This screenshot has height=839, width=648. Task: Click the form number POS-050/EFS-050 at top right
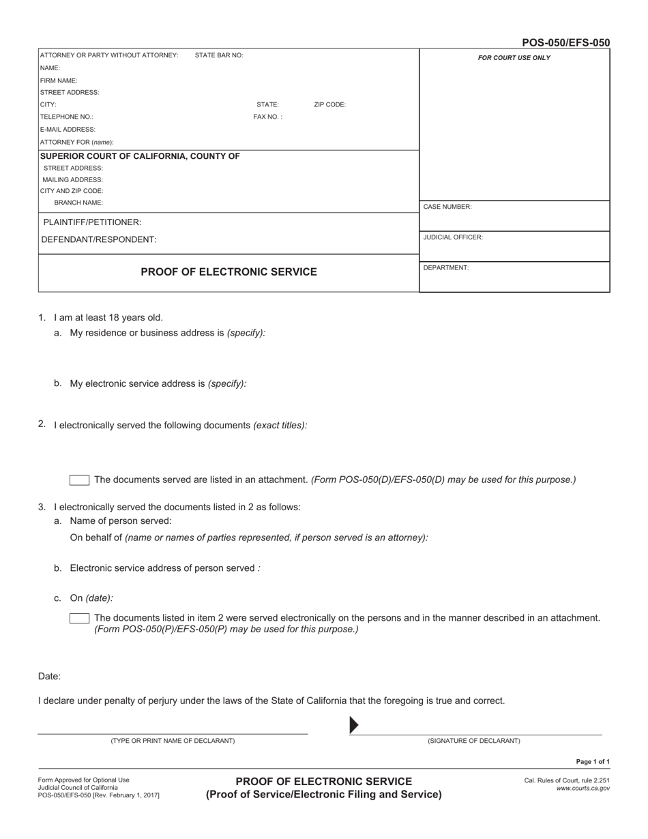565,42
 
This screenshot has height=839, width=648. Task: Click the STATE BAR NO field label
218,55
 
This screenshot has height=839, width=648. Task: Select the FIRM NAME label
59,80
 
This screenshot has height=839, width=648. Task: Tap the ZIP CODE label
329,105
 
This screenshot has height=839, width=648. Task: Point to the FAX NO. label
267,117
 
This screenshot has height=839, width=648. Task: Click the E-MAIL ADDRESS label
68,129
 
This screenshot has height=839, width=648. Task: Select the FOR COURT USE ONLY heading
514,58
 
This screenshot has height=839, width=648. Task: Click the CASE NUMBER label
447,207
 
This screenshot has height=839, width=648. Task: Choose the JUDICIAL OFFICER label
453,237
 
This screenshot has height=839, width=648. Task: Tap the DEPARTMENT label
446,268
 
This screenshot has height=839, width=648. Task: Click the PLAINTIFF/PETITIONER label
92,222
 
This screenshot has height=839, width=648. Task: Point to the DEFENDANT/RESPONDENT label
99,239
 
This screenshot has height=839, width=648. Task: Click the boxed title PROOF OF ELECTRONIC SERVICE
229,272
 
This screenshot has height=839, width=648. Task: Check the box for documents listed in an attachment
79,480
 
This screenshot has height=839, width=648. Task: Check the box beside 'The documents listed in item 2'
79,619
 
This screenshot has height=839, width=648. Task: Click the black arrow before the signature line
354,725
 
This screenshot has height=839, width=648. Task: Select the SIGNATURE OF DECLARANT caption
473,741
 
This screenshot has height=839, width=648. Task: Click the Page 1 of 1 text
593,762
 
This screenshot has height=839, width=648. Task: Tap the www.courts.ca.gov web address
583,789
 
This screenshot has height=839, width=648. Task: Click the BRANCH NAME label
78,203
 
